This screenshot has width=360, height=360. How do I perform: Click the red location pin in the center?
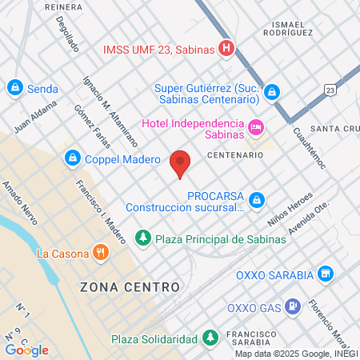(x=181, y=163)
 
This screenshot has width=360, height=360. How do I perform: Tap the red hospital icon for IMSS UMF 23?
(x=227, y=49)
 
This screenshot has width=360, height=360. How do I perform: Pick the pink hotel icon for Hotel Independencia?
(x=256, y=126)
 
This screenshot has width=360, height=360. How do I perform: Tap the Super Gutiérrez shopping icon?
(x=272, y=93)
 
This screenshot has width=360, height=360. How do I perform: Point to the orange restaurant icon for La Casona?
(x=100, y=254)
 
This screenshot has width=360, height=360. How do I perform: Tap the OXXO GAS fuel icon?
(x=294, y=305)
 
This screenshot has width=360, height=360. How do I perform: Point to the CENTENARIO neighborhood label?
(x=235, y=154)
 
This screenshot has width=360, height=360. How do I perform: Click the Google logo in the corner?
(x=26, y=350)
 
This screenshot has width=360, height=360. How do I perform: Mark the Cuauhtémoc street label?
(x=308, y=148)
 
